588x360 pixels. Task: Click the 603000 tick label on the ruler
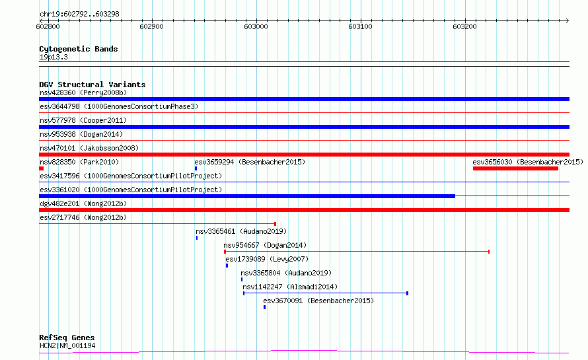tap(256, 26)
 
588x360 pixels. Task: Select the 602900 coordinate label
tap(151, 26)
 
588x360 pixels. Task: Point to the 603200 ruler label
tap(464, 26)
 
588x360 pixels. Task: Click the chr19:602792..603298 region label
tap(79, 15)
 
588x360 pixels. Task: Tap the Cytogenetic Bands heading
tap(79, 49)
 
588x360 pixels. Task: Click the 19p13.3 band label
tap(54, 57)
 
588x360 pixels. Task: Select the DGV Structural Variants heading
tap(92, 85)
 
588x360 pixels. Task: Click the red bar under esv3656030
tap(515, 168)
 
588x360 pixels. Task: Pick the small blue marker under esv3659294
tap(196, 168)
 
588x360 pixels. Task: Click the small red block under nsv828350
tap(41, 168)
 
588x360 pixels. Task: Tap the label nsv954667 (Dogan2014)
tap(265, 245)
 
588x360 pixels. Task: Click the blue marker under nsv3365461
tap(197, 238)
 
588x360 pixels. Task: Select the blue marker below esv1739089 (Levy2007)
tap(227, 266)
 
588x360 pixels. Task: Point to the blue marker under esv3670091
tap(265, 307)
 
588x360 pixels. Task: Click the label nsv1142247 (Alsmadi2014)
tap(290, 287)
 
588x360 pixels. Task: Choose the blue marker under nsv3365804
tap(242, 279)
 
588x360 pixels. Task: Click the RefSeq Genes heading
tap(67, 338)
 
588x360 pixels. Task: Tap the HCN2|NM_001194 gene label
tap(67, 345)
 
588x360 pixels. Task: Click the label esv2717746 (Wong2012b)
tap(83, 217)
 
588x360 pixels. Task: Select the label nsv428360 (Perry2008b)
tap(83, 92)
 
